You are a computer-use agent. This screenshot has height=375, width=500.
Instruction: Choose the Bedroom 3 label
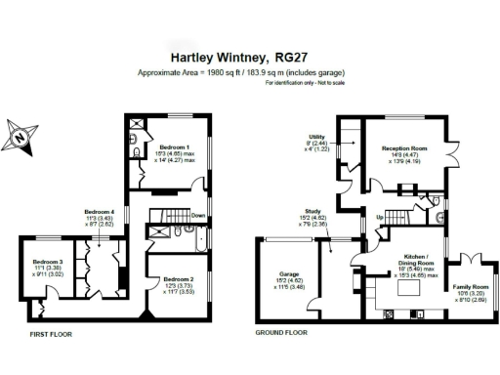pos(48,262)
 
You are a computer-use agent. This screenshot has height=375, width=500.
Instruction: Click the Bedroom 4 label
pos(101,212)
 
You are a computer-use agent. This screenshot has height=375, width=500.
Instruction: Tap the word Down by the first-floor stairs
pos(198,216)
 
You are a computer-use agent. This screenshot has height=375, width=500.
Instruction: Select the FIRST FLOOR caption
pos(47,333)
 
